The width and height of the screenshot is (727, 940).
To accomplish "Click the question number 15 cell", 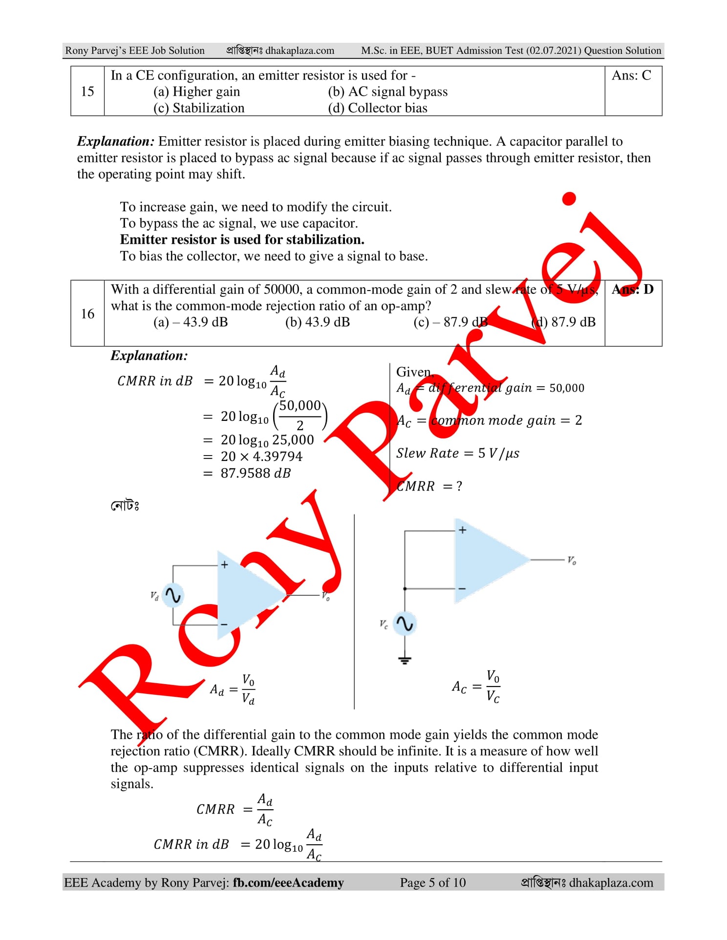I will (87, 91).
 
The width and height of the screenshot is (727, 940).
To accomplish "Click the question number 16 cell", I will (87, 313).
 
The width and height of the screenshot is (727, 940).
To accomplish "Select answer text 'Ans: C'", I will (631, 75).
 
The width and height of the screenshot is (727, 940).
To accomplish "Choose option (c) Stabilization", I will (199, 108).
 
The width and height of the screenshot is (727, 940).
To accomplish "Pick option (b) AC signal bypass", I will (387, 92).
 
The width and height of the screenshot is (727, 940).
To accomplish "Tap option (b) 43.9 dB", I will (318, 322).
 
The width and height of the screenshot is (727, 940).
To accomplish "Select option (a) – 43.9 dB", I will (191, 322).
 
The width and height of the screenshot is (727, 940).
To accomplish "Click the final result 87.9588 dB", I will (256, 473).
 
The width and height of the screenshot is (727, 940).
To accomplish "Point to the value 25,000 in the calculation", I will (293, 440).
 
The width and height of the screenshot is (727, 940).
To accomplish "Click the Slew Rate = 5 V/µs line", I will (457, 453).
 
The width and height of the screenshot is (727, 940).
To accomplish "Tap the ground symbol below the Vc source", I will (405, 661).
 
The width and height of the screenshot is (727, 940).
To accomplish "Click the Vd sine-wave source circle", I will (173, 595).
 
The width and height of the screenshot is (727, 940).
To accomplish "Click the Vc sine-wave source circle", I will (405, 624).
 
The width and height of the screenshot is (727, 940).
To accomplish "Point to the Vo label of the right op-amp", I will (572, 560).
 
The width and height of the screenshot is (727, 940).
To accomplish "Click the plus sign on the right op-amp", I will (462, 530).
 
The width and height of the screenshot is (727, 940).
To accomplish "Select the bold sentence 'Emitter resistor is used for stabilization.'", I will (242, 240).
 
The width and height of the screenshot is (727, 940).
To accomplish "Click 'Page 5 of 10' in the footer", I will (433, 882).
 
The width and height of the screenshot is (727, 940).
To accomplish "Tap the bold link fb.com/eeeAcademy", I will (288, 882).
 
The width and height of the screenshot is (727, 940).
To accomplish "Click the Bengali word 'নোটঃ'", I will (125, 505).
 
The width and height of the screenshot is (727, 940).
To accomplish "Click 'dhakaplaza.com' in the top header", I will (300, 50).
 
